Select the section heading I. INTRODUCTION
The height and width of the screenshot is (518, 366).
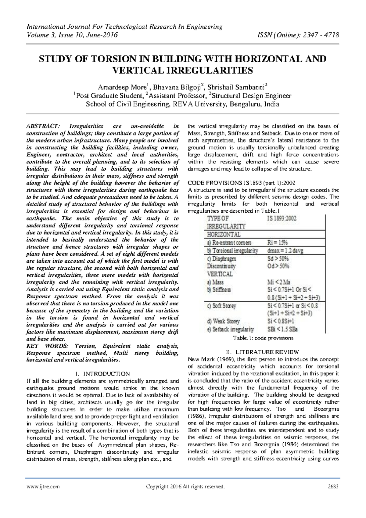point(102,374)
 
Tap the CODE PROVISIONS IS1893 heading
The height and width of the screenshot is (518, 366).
point(242,183)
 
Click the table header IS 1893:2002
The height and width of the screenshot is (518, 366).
point(282,218)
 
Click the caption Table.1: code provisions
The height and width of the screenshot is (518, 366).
point(263,338)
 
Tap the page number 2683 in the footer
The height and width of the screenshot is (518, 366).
point(333,487)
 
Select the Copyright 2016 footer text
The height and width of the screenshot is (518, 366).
point(185,487)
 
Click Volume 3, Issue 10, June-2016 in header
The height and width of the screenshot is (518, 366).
point(72,35)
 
